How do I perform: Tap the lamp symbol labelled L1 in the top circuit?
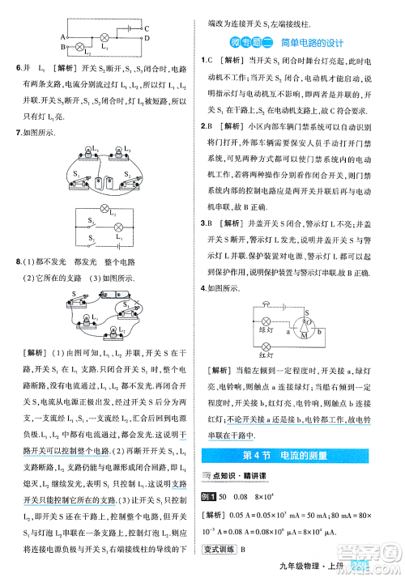click(x=104, y=37)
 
